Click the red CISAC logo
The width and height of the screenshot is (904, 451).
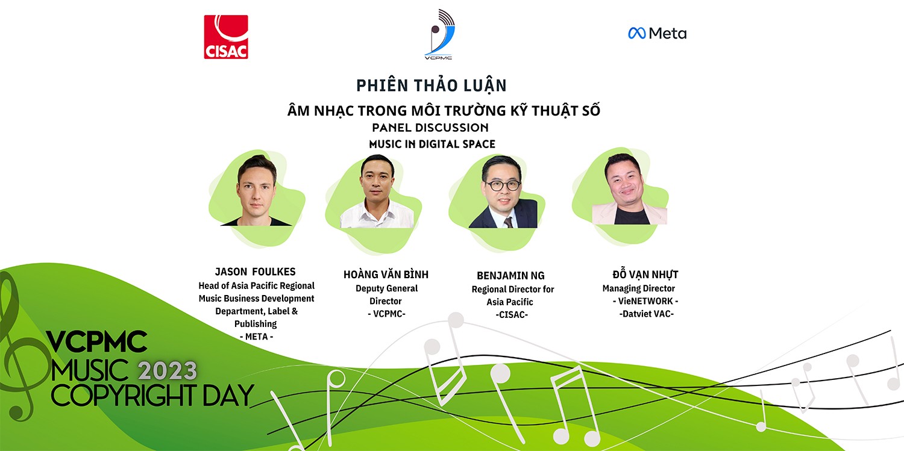tap(226, 37)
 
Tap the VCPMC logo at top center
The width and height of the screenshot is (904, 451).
tap(439, 34)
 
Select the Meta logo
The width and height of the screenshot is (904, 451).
tap(658, 33)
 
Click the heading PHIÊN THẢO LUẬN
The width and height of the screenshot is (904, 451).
tap(432, 86)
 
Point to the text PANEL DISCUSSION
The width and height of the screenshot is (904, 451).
tap(430, 128)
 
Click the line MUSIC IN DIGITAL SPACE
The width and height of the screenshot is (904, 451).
tap(432, 144)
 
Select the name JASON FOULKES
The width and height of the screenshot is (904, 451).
tap(255, 272)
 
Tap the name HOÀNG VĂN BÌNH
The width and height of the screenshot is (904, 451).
tap(386, 275)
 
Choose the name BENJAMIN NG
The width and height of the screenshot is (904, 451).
tap(510, 276)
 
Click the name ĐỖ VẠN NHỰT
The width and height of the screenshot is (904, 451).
tap(645, 274)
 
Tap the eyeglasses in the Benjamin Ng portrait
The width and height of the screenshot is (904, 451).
tap(503, 185)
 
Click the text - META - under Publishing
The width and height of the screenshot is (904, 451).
tap(256, 337)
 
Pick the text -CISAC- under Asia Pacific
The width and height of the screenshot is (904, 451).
tap(512, 315)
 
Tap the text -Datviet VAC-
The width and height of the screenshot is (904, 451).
tap(647, 314)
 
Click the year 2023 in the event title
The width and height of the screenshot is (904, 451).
tap(167, 371)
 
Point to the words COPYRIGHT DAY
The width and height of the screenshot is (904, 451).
tap(152, 396)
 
